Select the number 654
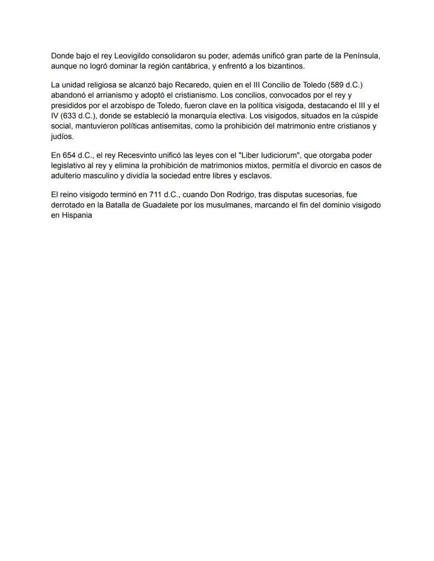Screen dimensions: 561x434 70,156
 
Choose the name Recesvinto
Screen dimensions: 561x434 143,156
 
